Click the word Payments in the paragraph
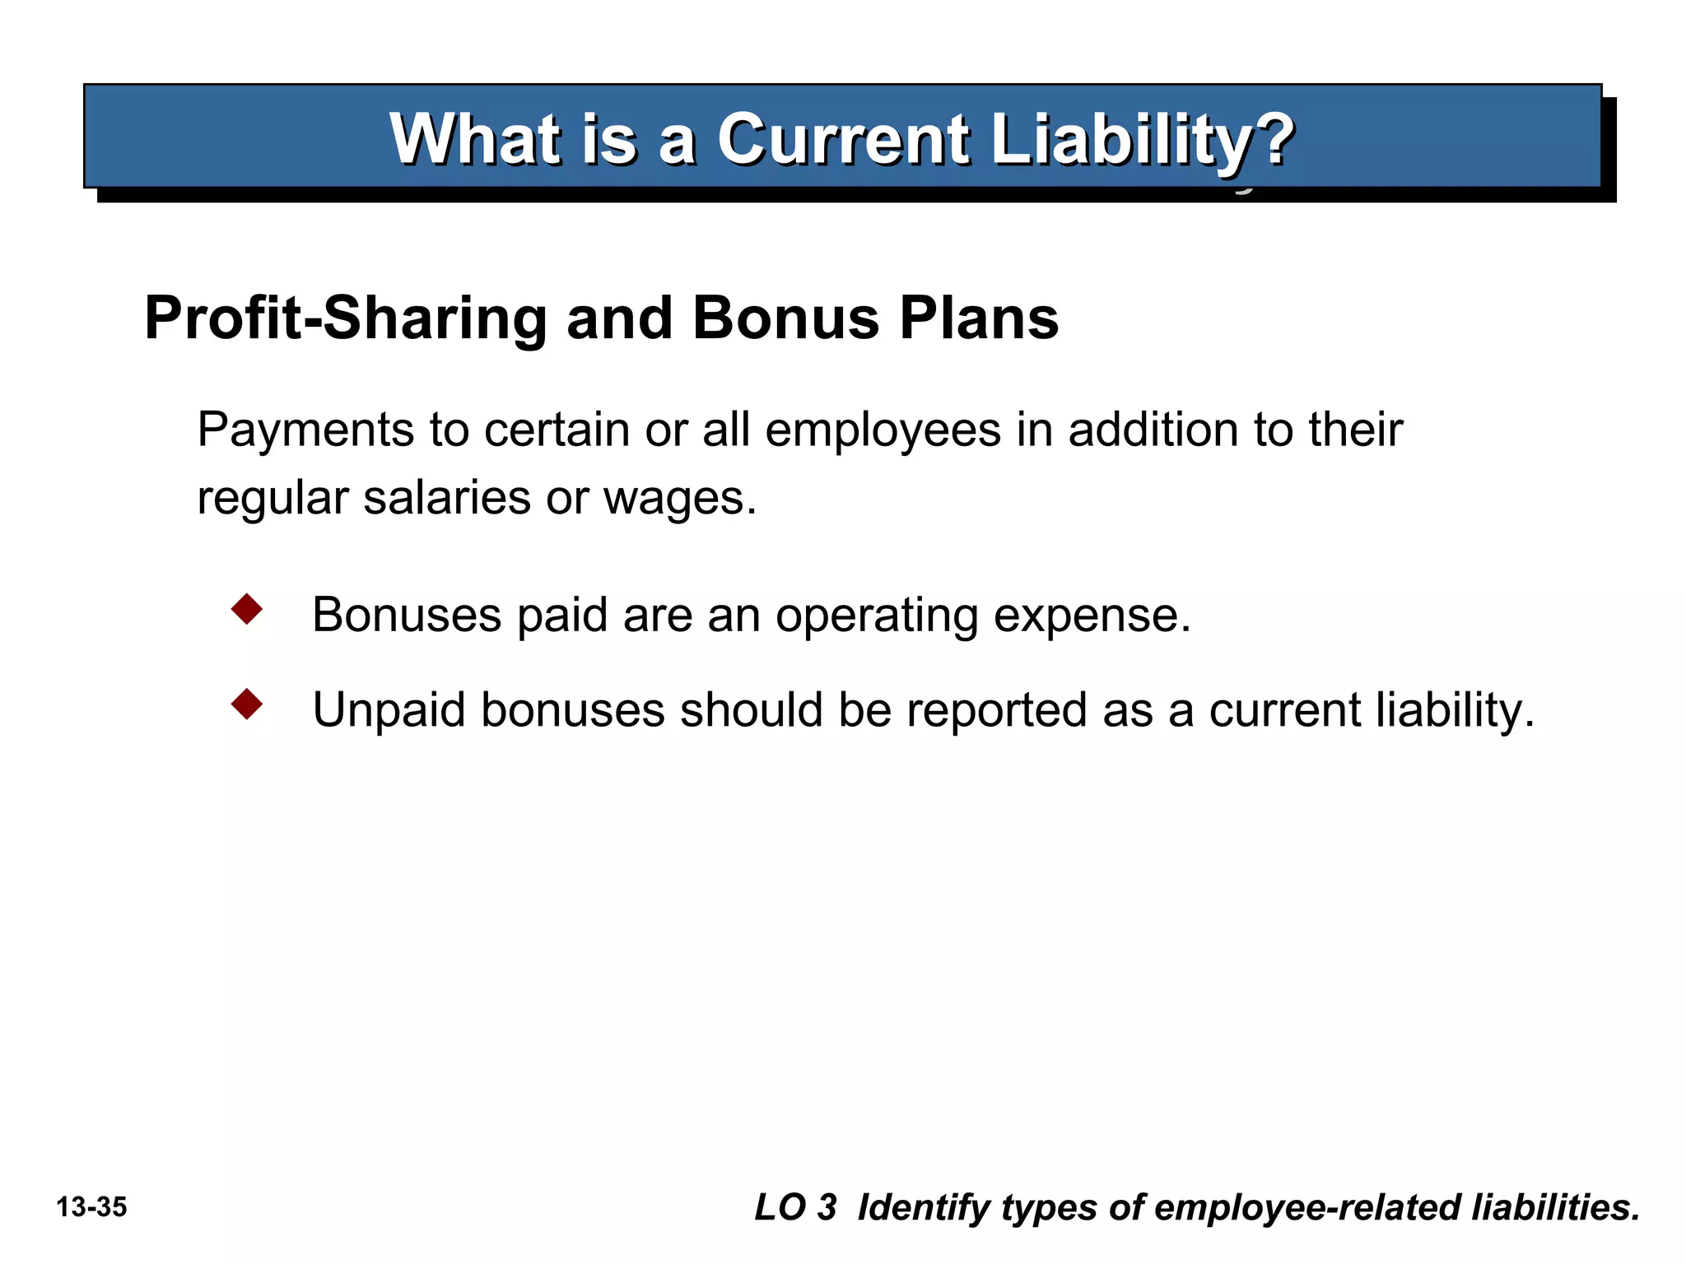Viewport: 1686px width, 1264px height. pyautogui.click(x=305, y=430)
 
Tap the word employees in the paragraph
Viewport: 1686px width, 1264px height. pyautogui.click(x=883, y=430)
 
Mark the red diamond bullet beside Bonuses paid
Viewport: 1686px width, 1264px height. pyautogui.click(x=247, y=610)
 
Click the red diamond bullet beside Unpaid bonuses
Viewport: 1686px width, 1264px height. pyautogui.click(x=247, y=704)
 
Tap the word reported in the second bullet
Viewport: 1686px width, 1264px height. pyautogui.click(x=996, y=709)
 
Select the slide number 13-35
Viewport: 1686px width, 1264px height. pyautogui.click(x=91, y=1207)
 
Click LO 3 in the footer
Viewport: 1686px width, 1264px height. pyautogui.click(x=795, y=1207)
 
